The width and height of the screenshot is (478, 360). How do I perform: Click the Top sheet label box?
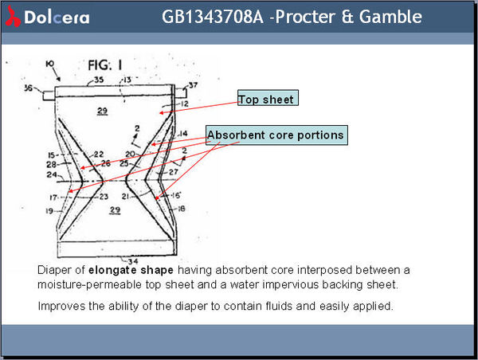[x=267, y=100]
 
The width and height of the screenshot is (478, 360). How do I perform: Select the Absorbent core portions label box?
[x=276, y=135]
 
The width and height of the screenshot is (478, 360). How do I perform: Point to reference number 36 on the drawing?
[x=29, y=88]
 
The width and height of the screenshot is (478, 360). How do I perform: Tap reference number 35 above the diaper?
[x=99, y=80]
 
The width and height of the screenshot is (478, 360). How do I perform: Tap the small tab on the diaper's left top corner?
[x=49, y=95]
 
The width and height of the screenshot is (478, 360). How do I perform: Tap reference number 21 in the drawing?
[x=127, y=196]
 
